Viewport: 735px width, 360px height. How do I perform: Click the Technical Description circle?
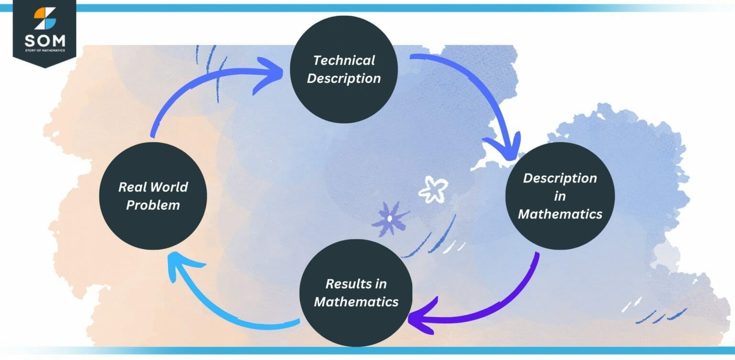tap(344, 69)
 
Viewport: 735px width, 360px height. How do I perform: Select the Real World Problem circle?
tap(153, 196)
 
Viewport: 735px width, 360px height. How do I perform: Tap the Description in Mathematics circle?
tap(560, 196)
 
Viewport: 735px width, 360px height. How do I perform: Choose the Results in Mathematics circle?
tap(356, 292)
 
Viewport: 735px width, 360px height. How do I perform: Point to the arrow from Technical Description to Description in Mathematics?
tap(483, 96)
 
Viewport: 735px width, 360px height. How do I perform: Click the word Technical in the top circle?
tap(344, 60)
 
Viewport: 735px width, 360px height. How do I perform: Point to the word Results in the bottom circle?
tap(343, 284)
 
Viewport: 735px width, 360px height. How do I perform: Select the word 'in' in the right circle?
tap(560, 196)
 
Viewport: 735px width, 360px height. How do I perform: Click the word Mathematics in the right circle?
tap(560, 214)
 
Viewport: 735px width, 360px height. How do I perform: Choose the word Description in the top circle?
tap(344, 79)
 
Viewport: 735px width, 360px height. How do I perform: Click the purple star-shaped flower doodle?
tap(390, 218)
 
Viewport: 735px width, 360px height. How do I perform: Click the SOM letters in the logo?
tap(45, 40)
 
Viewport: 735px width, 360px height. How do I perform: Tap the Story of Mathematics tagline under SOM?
tap(45, 50)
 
